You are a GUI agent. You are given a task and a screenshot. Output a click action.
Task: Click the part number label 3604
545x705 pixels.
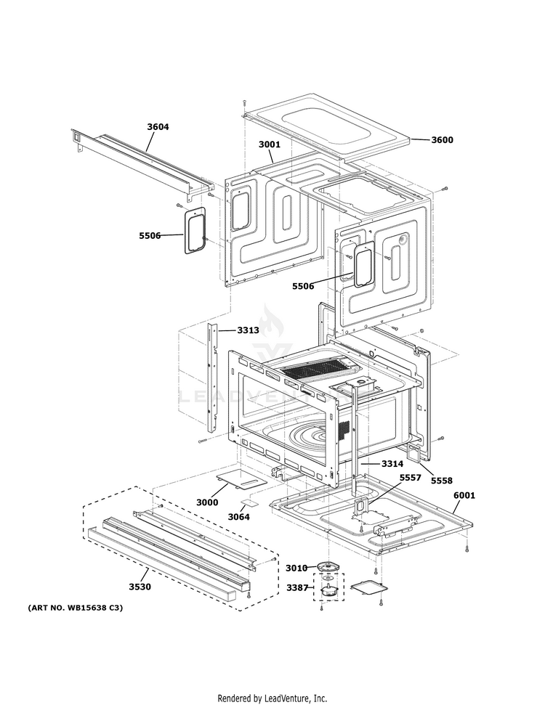pos(158,127)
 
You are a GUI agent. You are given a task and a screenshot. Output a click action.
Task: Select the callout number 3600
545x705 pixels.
pos(442,140)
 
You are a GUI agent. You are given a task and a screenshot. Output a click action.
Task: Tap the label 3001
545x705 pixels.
pos(269,144)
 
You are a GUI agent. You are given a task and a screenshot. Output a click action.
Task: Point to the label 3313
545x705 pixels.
pos(248,330)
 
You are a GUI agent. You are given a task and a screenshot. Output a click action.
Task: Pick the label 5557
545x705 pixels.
pos(410,478)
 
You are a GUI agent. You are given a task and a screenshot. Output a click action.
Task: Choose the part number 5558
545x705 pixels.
pos(440,481)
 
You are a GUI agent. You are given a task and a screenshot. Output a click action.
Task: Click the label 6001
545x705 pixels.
pos(464,495)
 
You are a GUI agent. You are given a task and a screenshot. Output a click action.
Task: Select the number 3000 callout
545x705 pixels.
pos(207,502)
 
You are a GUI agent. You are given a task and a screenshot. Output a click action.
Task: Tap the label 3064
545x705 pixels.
pos(238,517)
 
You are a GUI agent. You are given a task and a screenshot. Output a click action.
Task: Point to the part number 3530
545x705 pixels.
pos(140,587)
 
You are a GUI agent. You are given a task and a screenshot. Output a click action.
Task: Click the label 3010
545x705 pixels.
pos(296,568)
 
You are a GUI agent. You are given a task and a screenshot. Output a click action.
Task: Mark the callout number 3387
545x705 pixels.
pos(296,587)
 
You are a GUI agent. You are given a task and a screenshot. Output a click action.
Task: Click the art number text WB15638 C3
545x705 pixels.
pos(76,607)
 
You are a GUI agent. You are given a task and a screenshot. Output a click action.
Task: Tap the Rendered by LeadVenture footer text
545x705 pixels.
pos(272,698)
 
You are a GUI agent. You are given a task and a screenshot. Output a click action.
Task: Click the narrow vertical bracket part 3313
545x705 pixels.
pos(212,378)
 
